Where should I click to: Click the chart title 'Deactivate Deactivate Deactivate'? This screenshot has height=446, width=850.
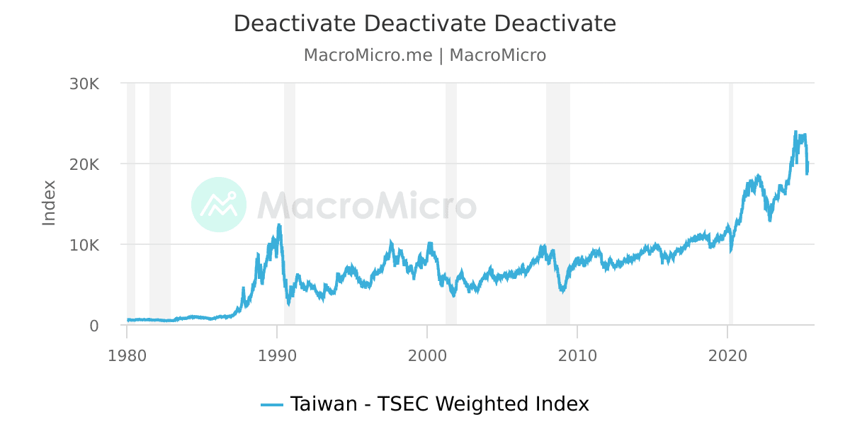pyautogui.click(x=425, y=24)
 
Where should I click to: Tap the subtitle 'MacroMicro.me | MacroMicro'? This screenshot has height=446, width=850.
pyautogui.click(x=425, y=55)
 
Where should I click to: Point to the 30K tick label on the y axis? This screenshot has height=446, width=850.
pyautogui.click(x=84, y=84)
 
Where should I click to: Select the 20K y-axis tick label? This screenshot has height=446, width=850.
pyautogui.click(x=84, y=164)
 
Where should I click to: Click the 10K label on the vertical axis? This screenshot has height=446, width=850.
pyautogui.click(x=84, y=245)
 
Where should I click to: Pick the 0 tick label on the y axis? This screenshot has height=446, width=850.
pyautogui.click(x=93, y=326)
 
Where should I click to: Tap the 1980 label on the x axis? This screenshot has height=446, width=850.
pyautogui.click(x=127, y=355)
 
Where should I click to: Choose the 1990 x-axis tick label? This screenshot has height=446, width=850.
pyautogui.click(x=277, y=355)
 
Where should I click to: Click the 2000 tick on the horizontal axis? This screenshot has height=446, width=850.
pyautogui.click(x=427, y=355)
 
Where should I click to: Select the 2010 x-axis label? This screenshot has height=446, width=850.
pyautogui.click(x=577, y=355)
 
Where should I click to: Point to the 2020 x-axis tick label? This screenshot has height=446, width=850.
pyautogui.click(x=728, y=355)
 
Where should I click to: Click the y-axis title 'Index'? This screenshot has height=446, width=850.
pyautogui.click(x=49, y=203)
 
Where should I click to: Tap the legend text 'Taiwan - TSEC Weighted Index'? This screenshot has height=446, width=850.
pyautogui.click(x=439, y=404)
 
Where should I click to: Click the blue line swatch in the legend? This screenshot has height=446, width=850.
pyautogui.click(x=272, y=405)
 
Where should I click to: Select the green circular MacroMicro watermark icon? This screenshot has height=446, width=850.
pyautogui.click(x=219, y=205)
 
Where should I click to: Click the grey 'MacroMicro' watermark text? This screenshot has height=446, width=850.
pyautogui.click(x=366, y=205)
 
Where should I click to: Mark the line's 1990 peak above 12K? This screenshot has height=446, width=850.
pyautogui.click(x=279, y=225)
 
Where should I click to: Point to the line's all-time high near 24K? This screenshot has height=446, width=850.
pyautogui.click(x=795, y=132)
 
